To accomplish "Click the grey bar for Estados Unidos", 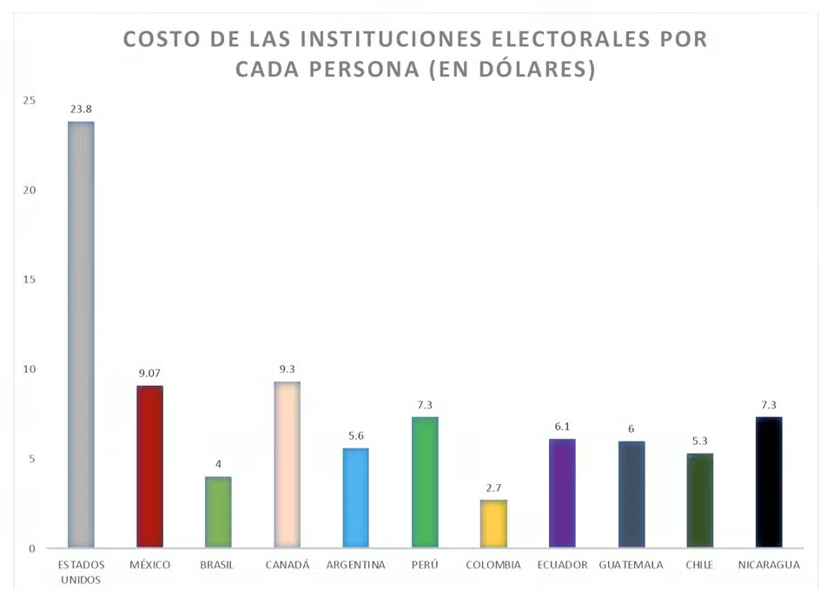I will click(81, 335).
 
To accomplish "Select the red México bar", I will click(149, 467).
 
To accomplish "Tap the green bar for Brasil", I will click(218, 512).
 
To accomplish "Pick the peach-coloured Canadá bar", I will click(287, 465).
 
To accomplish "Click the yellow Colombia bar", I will click(493, 524).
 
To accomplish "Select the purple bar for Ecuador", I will click(562, 494).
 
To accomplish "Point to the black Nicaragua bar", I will click(769, 482).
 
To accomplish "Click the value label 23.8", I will click(81, 109).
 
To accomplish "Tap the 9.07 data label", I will click(149, 374).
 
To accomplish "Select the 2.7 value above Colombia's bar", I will click(493, 488).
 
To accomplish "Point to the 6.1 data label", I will click(562, 428).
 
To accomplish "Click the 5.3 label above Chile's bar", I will click(700, 441).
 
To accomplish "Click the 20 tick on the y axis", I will click(30, 190).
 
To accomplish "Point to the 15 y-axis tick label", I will click(30, 280).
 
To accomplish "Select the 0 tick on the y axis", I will click(31, 548).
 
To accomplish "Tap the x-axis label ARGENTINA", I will click(355, 565).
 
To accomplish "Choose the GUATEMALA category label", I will click(631, 565).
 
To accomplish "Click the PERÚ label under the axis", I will click(425, 565).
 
